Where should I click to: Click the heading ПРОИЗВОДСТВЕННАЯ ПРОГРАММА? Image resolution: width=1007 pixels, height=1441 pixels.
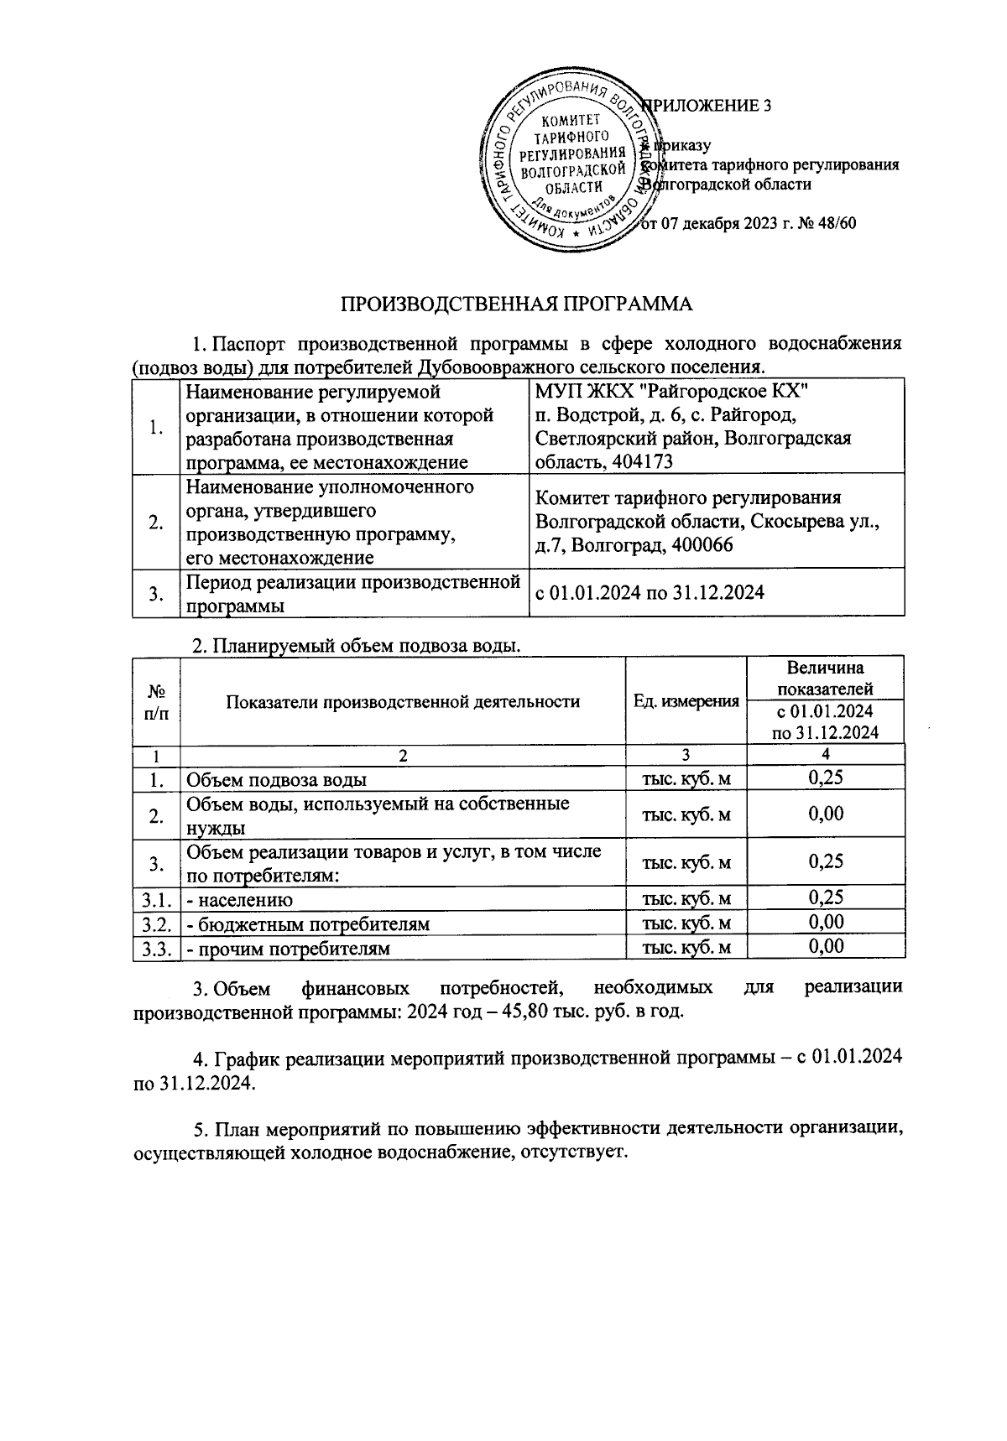[x=516, y=304]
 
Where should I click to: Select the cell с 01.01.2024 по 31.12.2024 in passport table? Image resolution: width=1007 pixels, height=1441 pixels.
[x=650, y=592]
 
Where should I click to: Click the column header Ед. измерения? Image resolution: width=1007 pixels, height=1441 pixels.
[x=686, y=701]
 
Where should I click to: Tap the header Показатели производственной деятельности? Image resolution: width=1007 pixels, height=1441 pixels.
[x=403, y=701]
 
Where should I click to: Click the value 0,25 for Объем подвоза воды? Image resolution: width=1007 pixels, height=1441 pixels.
[x=825, y=778]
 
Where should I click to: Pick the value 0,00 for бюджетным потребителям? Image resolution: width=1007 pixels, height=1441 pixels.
[x=825, y=923]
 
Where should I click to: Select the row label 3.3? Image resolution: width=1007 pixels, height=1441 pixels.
[x=156, y=949]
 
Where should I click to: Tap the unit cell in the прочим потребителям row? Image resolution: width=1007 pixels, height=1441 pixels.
[x=686, y=949]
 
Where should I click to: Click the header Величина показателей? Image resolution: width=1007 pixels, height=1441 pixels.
[x=825, y=678]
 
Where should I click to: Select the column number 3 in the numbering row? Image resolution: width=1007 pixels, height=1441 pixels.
[x=686, y=755]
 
